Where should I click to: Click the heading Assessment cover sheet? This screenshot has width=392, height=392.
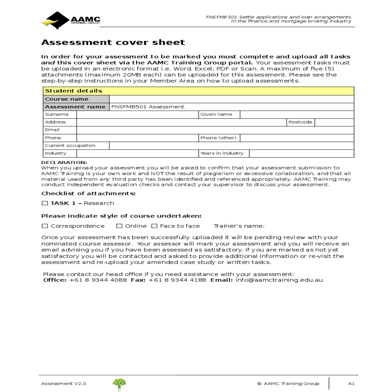point(113,42)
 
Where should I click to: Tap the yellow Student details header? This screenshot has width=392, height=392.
point(198,91)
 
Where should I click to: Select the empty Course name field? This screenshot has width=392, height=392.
point(231,99)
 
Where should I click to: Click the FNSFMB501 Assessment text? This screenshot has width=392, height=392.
point(148,107)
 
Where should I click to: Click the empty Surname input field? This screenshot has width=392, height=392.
point(137,115)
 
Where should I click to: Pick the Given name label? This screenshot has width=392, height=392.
point(216,114)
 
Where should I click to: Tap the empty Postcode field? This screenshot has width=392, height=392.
point(334,122)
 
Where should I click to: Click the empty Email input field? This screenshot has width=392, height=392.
point(215,130)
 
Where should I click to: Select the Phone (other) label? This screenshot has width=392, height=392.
point(218,138)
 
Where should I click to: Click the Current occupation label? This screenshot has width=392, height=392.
point(70,146)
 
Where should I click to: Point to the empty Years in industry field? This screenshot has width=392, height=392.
point(301,154)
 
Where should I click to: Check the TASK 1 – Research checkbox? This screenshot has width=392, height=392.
point(45,203)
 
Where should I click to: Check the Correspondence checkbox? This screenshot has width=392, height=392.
point(45,226)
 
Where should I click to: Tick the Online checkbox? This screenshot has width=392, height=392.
point(119,226)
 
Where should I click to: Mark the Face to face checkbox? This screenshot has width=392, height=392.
point(154,226)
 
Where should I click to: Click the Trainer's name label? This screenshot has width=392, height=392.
point(239,226)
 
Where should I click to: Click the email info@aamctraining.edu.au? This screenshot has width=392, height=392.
point(279,280)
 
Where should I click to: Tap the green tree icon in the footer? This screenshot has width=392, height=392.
point(119,384)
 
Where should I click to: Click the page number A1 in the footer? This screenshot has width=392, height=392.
point(351,384)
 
